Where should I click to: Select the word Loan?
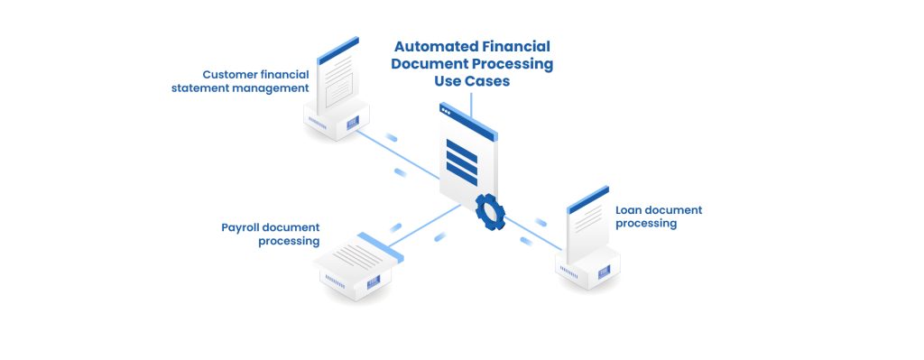point(630,210)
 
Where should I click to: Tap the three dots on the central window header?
point(446,111)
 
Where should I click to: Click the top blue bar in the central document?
point(462,144)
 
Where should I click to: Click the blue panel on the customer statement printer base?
point(351,122)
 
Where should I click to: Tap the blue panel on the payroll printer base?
point(374,283)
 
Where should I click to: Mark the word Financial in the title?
point(516,46)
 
